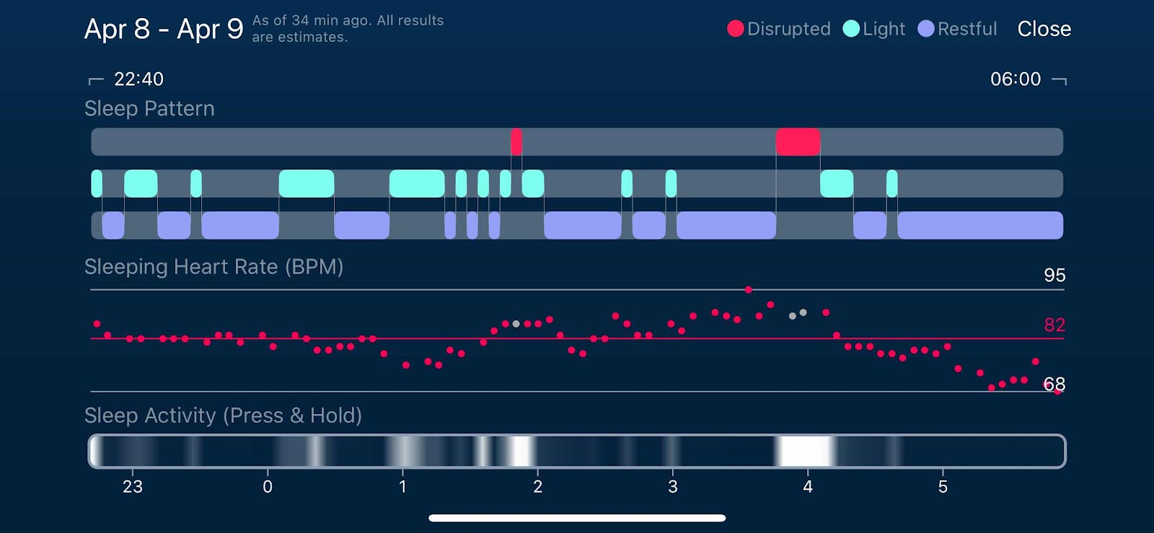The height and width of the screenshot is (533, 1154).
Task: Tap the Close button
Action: pyautogui.click(x=1044, y=29)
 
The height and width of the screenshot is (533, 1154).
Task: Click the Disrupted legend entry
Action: pyautogui.click(x=779, y=29)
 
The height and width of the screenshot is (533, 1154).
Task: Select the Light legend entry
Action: pyautogui.click(x=873, y=29)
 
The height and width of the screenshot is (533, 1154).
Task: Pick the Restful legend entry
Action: pyautogui.click(x=957, y=29)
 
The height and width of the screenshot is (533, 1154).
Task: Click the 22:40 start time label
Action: pyautogui.click(x=138, y=79)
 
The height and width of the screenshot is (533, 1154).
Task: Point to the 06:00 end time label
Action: pyautogui.click(x=1015, y=79)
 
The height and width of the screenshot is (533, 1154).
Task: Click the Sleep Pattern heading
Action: pyautogui.click(x=149, y=108)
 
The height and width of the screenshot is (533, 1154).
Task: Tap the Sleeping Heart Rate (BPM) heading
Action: pyautogui.click(x=213, y=267)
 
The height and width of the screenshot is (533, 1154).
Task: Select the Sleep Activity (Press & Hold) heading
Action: pyautogui.click(x=223, y=415)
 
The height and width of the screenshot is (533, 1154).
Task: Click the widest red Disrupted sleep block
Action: pyautogui.click(x=798, y=142)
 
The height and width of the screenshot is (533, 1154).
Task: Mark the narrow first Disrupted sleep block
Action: pyautogui.click(x=516, y=142)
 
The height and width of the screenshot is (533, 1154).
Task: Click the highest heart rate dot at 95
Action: pyautogui.click(x=749, y=290)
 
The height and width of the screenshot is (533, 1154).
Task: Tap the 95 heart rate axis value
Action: pyautogui.click(x=1054, y=275)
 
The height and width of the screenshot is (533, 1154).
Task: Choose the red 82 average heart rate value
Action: pyautogui.click(x=1054, y=325)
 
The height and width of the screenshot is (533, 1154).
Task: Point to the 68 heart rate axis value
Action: pyautogui.click(x=1054, y=384)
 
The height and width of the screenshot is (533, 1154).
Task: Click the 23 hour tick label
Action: pyautogui.click(x=133, y=487)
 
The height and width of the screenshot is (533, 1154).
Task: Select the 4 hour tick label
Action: pyautogui.click(x=808, y=487)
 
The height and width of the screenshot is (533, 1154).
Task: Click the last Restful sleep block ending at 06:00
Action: pyautogui.click(x=979, y=225)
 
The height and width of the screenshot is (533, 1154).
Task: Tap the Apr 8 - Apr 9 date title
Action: pyautogui.click(x=164, y=29)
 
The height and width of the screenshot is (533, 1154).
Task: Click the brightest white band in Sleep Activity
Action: pyautogui.click(x=804, y=451)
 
